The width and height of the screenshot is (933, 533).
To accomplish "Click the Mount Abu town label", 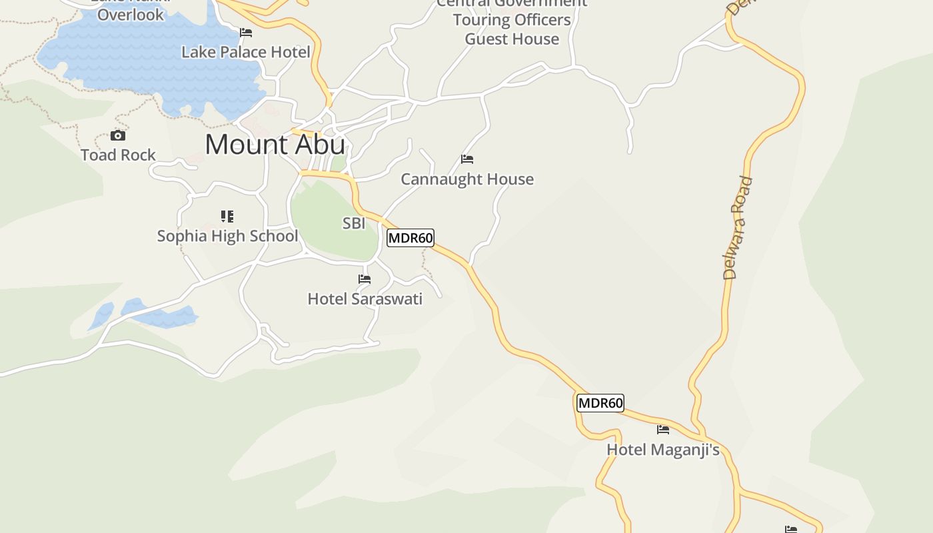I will pos(275,145).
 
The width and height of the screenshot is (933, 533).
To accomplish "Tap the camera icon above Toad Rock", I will pos(118,136).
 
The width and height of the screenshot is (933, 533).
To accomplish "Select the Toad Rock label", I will pos(118,155).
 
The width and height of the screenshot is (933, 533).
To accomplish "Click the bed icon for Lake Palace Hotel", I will pos(246,33).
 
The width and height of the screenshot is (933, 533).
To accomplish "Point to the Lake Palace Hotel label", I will pos(246,52).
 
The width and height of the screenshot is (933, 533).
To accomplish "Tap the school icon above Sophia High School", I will pos(227,217).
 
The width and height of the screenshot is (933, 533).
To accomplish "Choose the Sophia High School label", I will pos(227,236).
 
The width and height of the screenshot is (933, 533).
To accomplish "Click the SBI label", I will pos(354,224).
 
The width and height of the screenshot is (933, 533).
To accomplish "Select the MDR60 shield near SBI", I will pos(411,238).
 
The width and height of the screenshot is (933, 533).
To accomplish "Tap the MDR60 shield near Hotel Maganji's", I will pos(600,403).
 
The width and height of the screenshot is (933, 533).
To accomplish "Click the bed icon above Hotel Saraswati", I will pos(365,279).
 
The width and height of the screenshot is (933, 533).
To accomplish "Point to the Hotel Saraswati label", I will pos(365,299).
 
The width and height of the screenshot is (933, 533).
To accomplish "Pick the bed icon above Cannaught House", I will pos(467,159).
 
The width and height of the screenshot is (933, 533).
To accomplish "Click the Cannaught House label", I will pos(467,179).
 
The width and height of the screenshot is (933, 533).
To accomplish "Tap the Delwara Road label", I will pos(738,228).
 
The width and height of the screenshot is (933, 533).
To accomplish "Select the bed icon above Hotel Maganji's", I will pos(662,430).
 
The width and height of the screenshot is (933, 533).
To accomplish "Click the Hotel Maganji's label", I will pos(662,450).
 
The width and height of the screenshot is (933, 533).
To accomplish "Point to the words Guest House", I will pos(512,39).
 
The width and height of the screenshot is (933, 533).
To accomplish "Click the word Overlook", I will pos(131,15).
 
